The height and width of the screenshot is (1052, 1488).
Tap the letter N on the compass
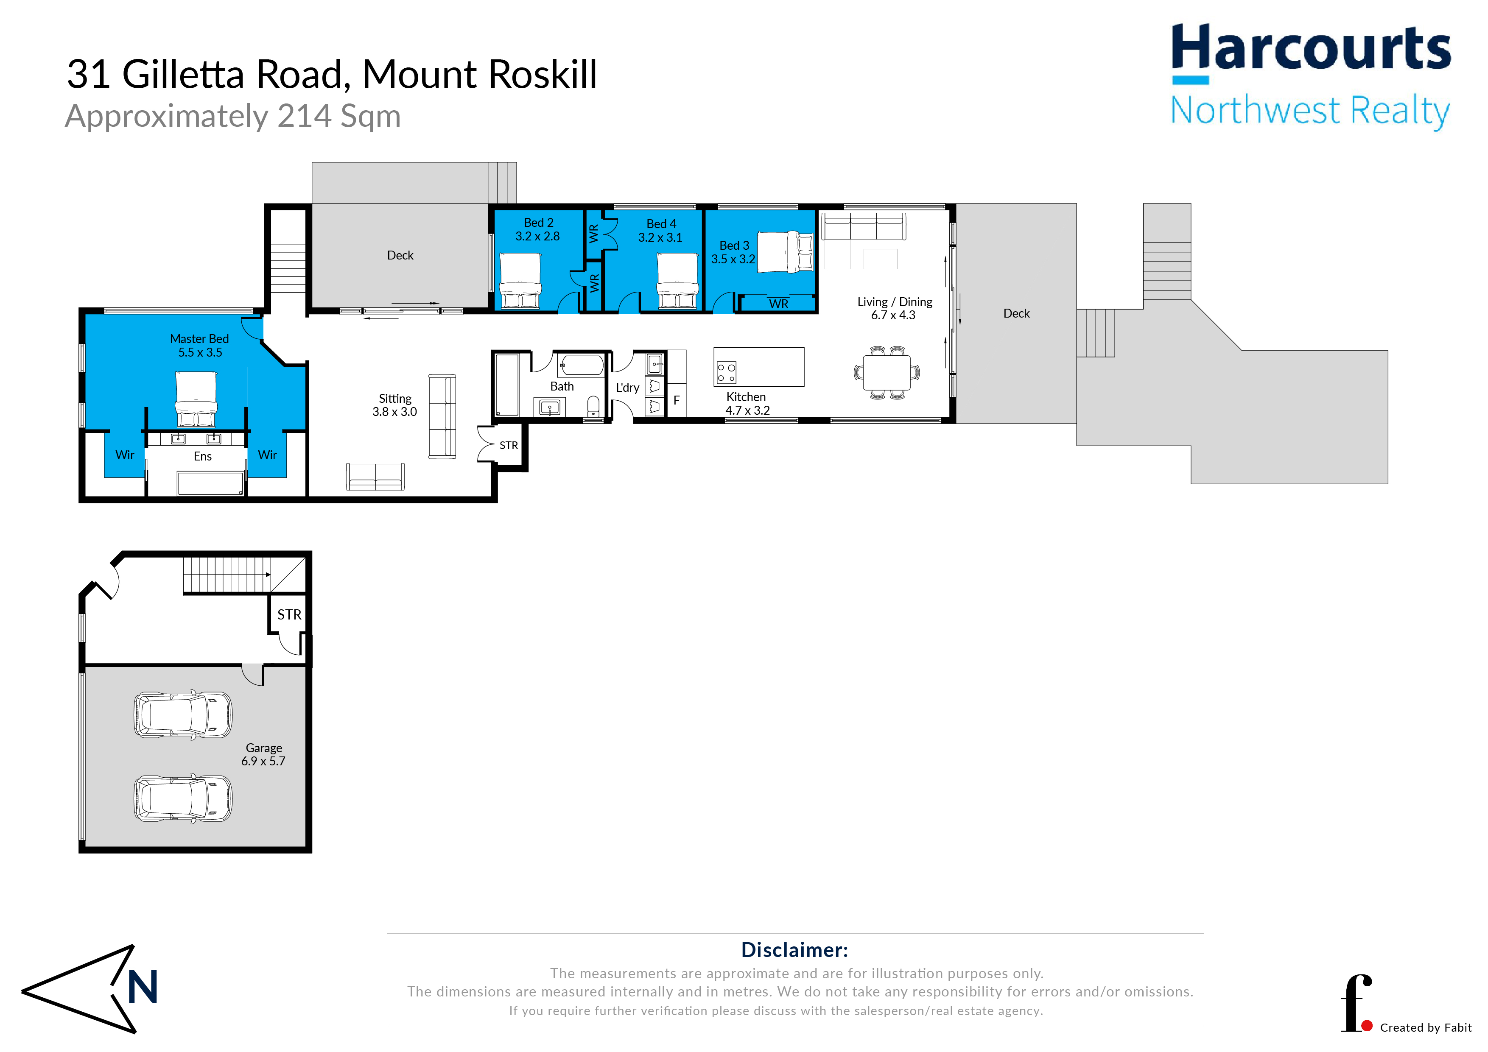(143, 987)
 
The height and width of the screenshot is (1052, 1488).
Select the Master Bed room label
(200, 339)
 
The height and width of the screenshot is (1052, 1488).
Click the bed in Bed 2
(520, 280)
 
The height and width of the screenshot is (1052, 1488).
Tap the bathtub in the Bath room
(581, 365)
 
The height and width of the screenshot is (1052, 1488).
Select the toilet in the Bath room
(593, 406)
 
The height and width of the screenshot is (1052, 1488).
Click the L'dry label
(627, 388)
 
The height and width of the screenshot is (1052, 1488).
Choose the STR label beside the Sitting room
(509, 446)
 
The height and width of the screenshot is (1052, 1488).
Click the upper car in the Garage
(183, 714)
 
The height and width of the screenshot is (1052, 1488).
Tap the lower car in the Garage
(183, 799)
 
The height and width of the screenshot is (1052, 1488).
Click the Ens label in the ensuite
(203, 457)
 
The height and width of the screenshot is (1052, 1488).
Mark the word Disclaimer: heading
(794, 950)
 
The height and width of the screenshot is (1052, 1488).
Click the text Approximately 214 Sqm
(233, 117)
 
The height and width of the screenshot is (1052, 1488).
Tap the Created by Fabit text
(1426, 1028)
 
